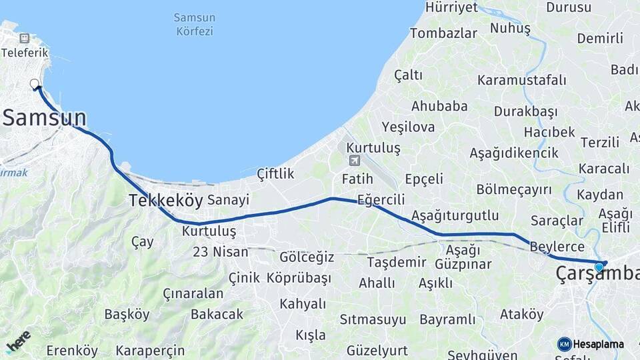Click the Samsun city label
[x=45, y=119]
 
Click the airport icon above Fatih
[x=353, y=160]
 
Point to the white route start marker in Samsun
[x=35, y=84]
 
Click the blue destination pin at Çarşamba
[x=599, y=267]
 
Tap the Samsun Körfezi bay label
[x=193, y=24]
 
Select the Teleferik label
[x=27, y=52]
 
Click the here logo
[x=18, y=341]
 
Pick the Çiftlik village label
[x=275, y=174]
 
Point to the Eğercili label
[x=381, y=199]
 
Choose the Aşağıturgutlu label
[x=455, y=215]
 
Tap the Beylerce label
[x=557, y=247]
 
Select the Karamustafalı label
[x=522, y=81]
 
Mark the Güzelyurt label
[x=377, y=350]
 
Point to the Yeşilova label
[x=408, y=127]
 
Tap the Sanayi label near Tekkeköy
[x=228, y=200]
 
